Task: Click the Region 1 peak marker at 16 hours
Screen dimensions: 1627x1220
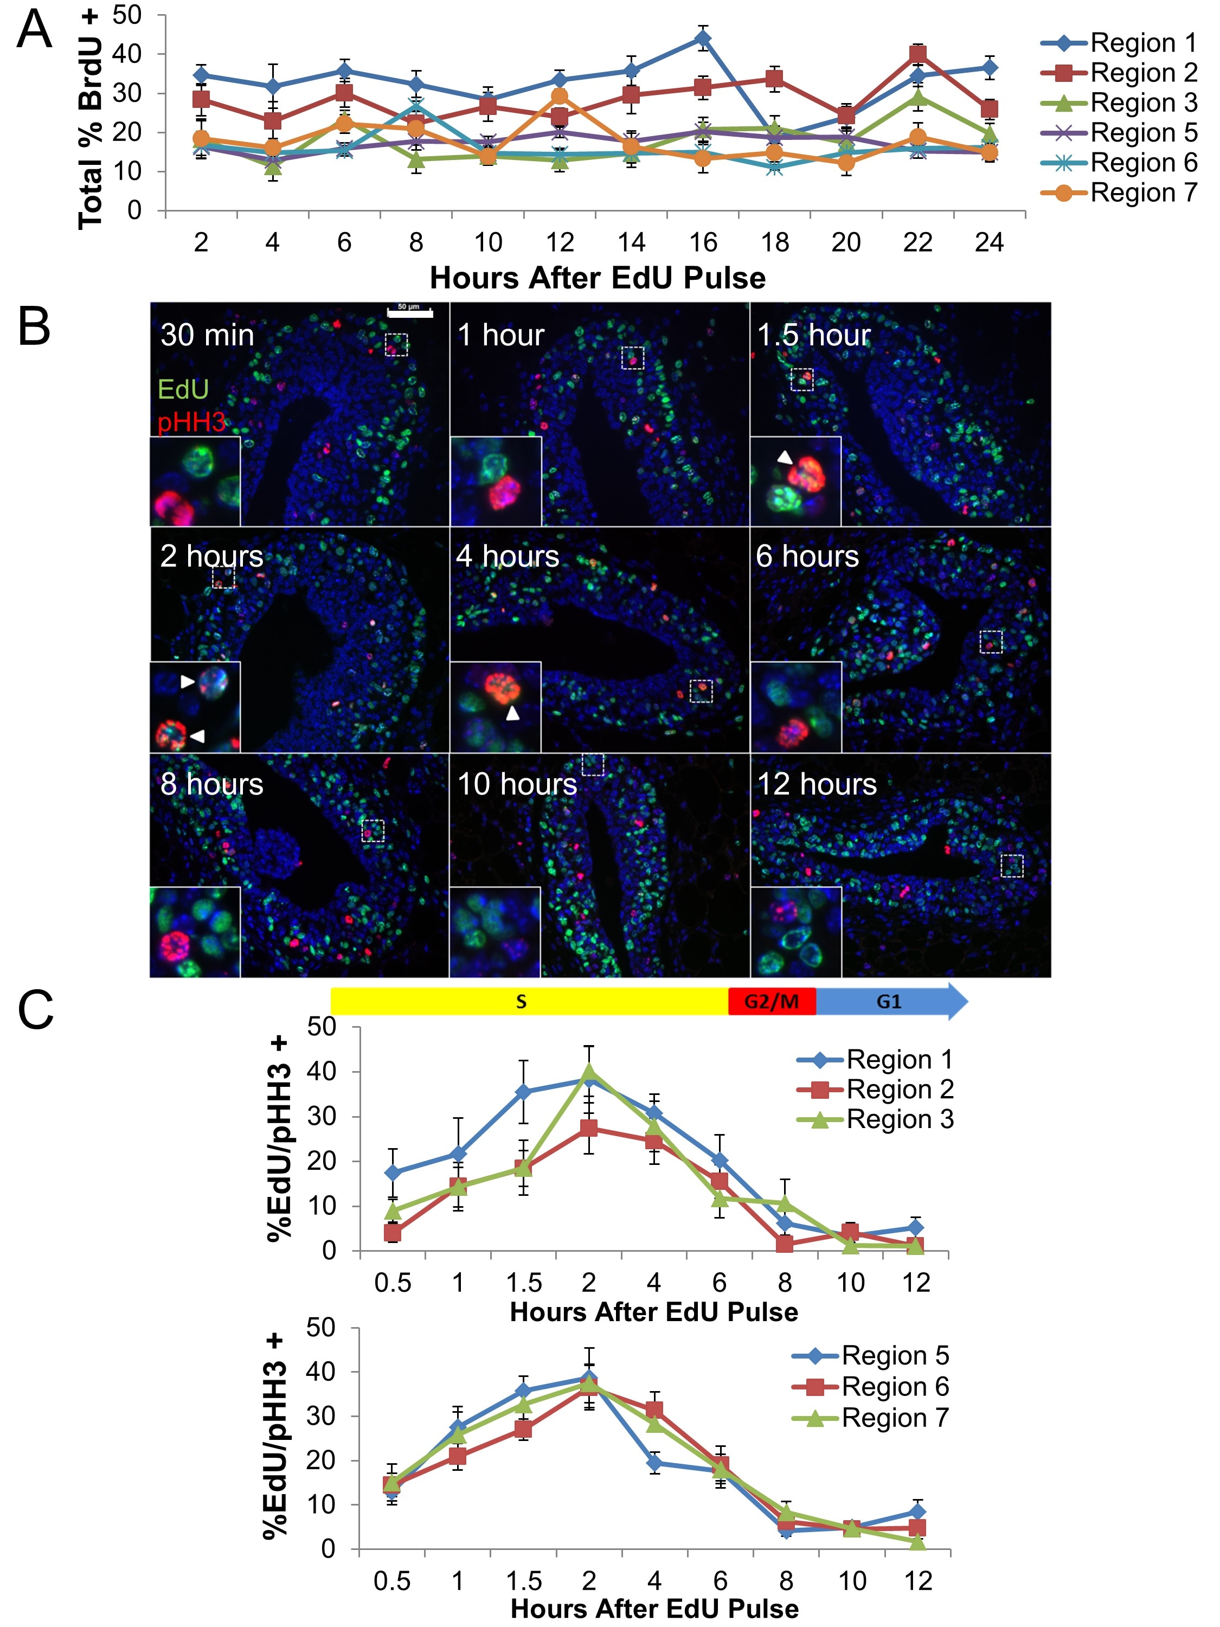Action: point(703,39)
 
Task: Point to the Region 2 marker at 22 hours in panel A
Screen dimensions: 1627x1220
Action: point(917,54)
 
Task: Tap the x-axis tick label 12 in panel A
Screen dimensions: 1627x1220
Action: point(560,243)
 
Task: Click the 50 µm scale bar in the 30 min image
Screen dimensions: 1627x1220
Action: point(409,313)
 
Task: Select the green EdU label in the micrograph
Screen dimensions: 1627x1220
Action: point(184,389)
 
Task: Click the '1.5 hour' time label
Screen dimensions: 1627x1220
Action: point(813,335)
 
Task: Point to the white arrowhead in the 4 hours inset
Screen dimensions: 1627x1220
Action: point(512,713)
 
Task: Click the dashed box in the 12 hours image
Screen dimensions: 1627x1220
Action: point(1012,866)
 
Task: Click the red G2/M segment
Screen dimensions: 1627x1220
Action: point(772,1001)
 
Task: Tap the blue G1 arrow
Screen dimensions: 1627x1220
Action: point(890,1001)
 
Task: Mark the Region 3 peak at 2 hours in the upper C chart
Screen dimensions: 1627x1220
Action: point(588,1072)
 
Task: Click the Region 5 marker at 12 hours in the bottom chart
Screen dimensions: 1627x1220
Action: point(916,1512)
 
